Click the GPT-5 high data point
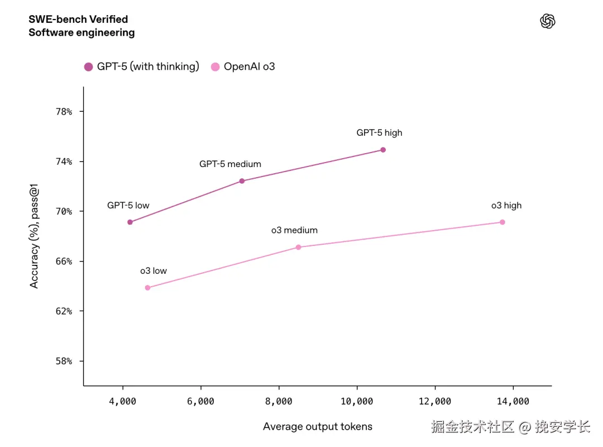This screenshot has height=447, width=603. coord(383,150)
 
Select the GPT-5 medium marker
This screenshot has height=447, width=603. coord(242,181)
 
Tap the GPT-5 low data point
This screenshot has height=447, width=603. coord(130,222)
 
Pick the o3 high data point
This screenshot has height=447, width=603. coord(502,222)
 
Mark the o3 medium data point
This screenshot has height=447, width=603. coord(298,247)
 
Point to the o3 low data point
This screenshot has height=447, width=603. coord(147,288)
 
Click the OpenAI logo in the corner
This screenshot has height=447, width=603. coord(548,21)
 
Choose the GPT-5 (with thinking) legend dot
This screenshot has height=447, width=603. coord(88,67)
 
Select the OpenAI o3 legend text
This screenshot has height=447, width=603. coord(249,67)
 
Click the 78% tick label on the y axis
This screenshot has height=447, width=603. coord(63,112)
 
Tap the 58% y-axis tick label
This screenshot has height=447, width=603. coord(63,362)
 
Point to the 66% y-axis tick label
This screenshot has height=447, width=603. coord(63,261)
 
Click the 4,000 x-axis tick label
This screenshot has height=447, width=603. coord(122,401)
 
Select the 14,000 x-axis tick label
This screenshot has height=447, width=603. coord(513,401)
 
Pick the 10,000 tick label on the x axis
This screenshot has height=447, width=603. coord(357,401)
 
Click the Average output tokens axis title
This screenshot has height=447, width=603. coord(317,427)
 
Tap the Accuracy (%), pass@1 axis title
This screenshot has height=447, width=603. coord(35,237)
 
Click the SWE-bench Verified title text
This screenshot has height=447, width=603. coord(78,20)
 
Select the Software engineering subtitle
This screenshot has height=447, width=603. coord(82,32)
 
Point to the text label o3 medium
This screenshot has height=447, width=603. coord(294,230)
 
